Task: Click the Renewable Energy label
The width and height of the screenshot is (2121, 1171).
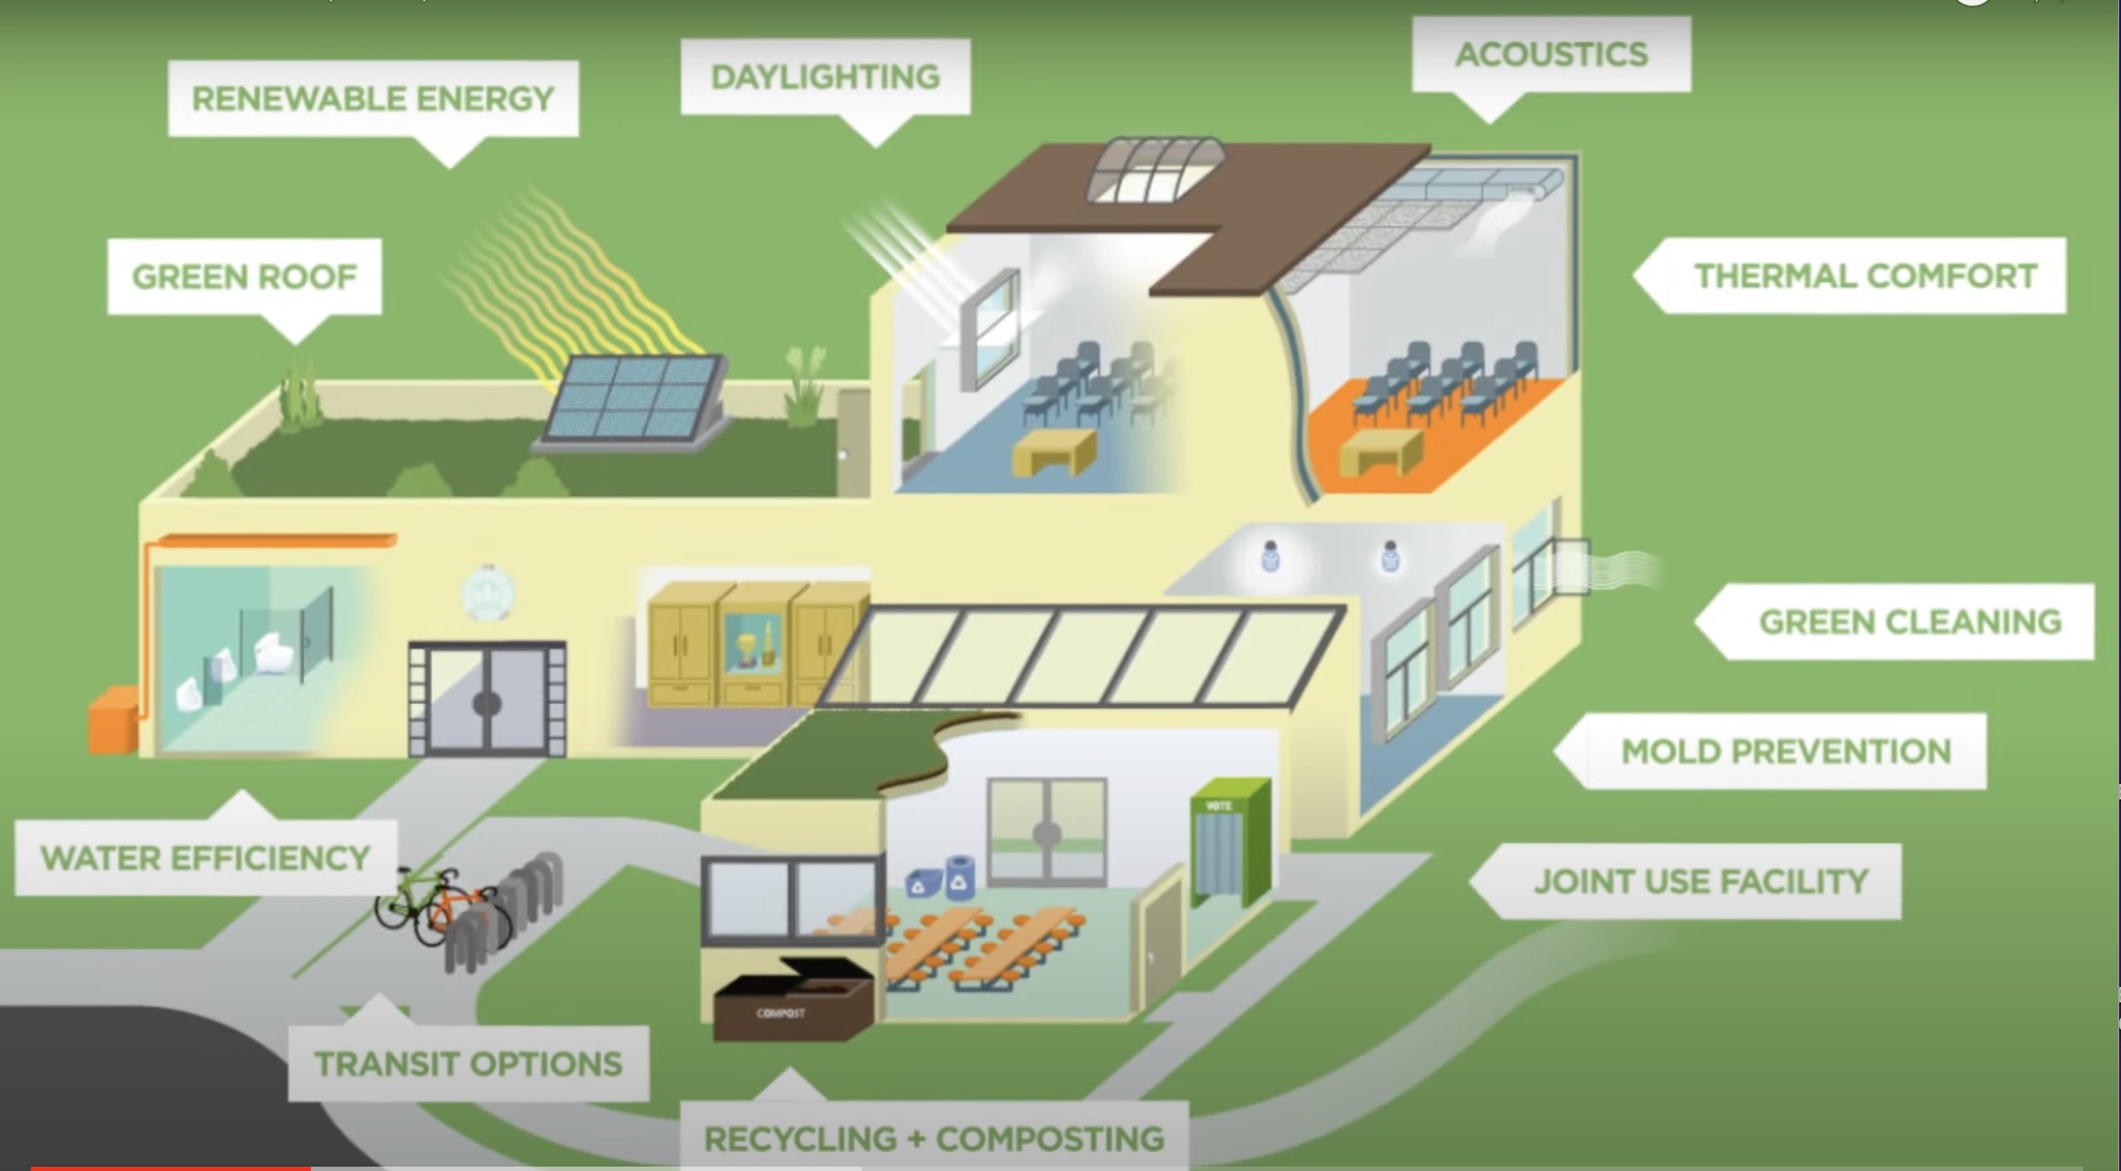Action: point(373,98)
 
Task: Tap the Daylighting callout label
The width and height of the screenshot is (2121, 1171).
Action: point(825,77)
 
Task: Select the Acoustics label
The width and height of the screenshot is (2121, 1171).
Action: point(1551,54)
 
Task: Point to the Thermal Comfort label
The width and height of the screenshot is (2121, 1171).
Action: point(1865,276)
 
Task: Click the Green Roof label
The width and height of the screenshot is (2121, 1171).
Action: point(245,276)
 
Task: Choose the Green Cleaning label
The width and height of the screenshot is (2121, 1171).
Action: point(1910,622)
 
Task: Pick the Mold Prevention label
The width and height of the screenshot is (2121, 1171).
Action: point(1786,751)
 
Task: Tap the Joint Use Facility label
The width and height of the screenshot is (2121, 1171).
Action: point(1700,881)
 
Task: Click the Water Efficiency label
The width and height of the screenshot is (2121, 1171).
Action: point(206,857)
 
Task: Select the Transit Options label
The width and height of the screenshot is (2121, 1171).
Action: point(468,1063)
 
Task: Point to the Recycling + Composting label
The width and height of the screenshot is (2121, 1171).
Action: point(934,1138)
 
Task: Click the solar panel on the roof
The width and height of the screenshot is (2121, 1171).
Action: point(634,399)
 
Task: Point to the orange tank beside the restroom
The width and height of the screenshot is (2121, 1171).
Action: point(114,720)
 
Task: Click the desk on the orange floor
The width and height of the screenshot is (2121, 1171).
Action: point(1380,450)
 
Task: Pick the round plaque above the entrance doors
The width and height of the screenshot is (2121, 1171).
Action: point(488,594)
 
